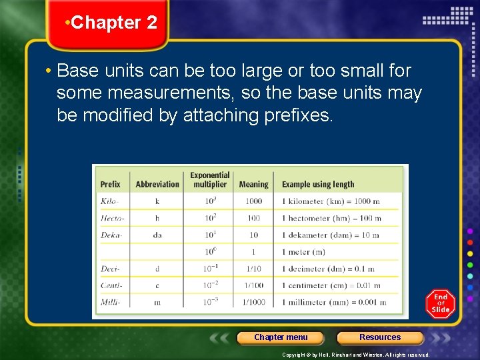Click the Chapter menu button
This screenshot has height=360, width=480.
coord(281,337)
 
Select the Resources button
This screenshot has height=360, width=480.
coord(380,337)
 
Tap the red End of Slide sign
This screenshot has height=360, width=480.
coord(441,304)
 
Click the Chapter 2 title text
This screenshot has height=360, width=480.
coord(113,23)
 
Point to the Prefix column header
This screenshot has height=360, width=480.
coord(111,184)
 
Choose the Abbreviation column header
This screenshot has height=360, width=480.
coord(157,184)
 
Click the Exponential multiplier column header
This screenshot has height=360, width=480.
coord(210,180)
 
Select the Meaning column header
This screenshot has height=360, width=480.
coord(253,184)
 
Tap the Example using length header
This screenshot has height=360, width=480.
coord(318,184)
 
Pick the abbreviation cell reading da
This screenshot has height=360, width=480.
coord(157,235)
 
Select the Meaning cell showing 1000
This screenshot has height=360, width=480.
coord(253,201)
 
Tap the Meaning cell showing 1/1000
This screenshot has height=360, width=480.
coord(253,302)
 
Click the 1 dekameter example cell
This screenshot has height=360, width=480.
coord(330,235)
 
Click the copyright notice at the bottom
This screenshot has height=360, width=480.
coord(356,355)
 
